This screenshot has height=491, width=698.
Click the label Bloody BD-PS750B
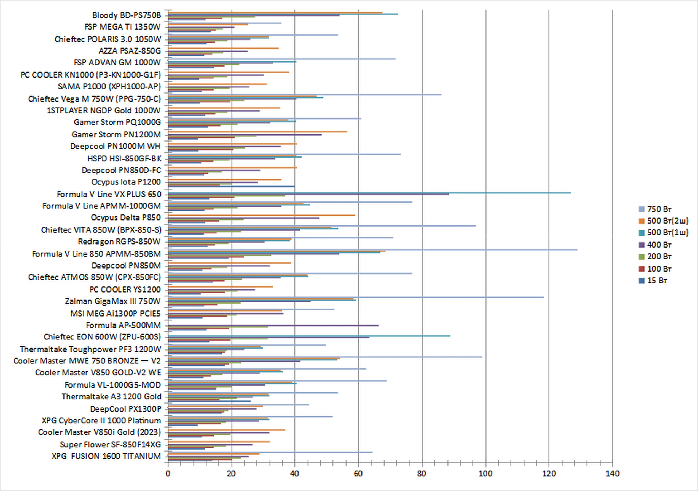click(127, 15)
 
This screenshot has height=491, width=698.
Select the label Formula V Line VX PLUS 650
click(109, 194)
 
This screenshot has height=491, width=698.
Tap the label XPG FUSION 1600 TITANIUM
click(106, 456)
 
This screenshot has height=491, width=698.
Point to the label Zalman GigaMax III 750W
click(112, 301)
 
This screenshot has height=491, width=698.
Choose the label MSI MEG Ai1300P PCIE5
click(115, 314)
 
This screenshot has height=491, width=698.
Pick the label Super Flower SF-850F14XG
click(110, 444)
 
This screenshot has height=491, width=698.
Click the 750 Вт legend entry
click(659, 209)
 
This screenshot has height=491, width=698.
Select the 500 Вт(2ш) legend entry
click(667, 221)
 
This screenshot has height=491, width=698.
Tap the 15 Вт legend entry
click(657, 280)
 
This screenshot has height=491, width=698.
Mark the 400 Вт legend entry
click(659, 245)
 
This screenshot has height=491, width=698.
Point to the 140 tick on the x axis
click(612, 474)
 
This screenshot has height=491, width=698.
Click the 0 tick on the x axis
click(168, 474)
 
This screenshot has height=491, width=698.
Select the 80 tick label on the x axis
click(422, 474)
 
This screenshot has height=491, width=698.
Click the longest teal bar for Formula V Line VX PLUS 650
click(369, 193)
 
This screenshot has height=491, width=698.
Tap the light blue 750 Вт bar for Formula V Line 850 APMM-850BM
click(372, 250)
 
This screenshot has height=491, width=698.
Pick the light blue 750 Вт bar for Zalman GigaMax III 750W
click(356, 297)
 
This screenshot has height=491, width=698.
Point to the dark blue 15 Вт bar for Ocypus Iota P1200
click(231, 186)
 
